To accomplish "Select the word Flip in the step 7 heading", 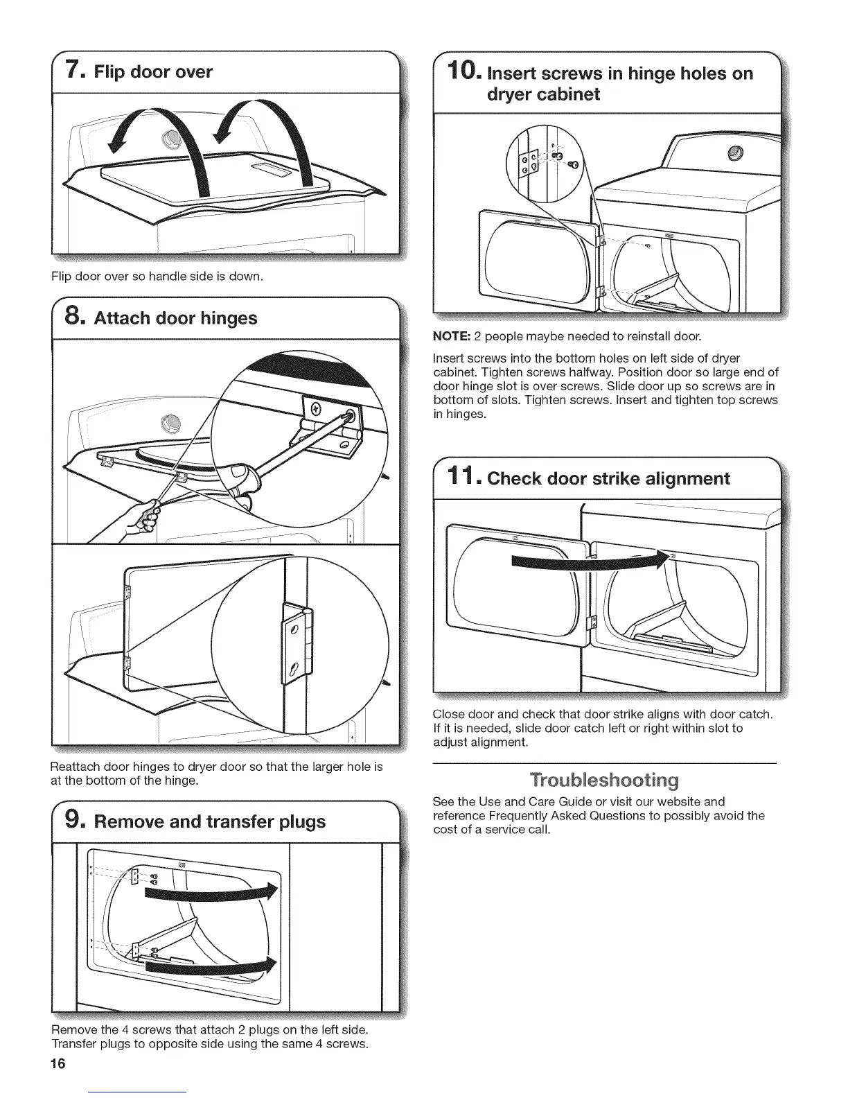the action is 114,72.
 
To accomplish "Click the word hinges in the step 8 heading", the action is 229,318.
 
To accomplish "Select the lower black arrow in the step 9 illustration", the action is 208,964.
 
